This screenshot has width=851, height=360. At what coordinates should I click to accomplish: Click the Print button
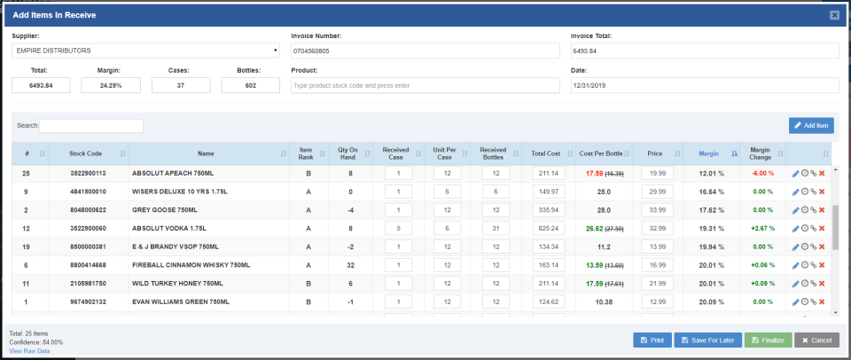pyautogui.click(x=652, y=340)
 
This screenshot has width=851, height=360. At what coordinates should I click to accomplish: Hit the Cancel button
pyautogui.click(x=815, y=340)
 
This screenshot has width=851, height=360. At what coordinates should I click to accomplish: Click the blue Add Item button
pyautogui.click(x=811, y=126)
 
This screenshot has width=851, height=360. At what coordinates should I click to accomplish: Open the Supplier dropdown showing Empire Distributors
pyautogui.click(x=146, y=51)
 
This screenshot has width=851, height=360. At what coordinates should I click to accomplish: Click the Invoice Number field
pyautogui.click(x=425, y=51)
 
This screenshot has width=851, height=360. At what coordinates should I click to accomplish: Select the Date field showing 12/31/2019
pyautogui.click(x=704, y=85)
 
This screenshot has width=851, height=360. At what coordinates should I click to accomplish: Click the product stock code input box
pyautogui.click(x=425, y=85)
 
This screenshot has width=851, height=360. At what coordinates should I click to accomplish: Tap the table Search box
pyautogui.click(x=91, y=126)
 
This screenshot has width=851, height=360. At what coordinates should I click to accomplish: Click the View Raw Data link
pyautogui.click(x=29, y=351)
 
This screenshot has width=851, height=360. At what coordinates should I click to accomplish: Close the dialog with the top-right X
pyautogui.click(x=834, y=15)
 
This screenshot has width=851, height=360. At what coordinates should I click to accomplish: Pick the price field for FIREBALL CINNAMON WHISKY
pyautogui.click(x=656, y=264)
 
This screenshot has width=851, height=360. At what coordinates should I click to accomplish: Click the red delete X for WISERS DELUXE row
pyautogui.click(x=822, y=192)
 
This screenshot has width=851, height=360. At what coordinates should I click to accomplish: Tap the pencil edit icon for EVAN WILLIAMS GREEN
pyautogui.click(x=795, y=301)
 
